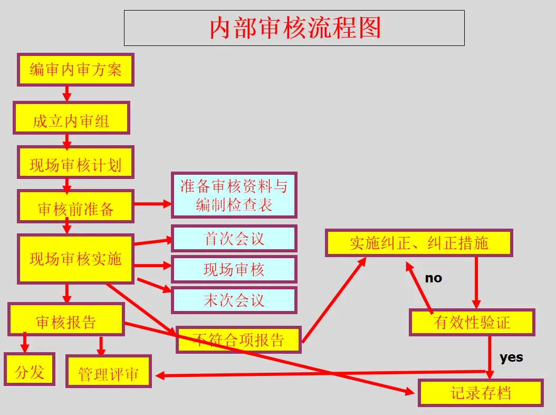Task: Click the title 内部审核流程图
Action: pyautogui.click(x=294, y=28)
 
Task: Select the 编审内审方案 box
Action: pyautogui.click(x=75, y=69)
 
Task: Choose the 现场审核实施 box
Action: pyautogui.click(x=75, y=259)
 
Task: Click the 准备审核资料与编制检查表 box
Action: pyautogui.click(x=234, y=195)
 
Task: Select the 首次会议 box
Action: pyautogui.click(x=234, y=239)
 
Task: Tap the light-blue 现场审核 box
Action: pyautogui.click(x=234, y=269)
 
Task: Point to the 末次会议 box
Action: pyautogui.click(x=234, y=300)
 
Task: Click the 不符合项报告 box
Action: pyautogui.click(x=238, y=339)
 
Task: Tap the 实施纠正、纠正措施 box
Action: pyautogui.click(x=419, y=243)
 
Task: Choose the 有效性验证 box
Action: pyautogui.click(x=472, y=322)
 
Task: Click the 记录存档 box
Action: pyautogui.click(x=481, y=393)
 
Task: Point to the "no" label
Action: pyautogui.click(x=433, y=278)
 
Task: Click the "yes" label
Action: pyautogui.click(x=511, y=357)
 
